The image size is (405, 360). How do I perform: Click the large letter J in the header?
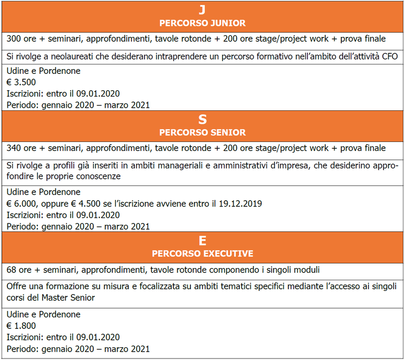[202, 10]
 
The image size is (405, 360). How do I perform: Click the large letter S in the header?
[202, 119]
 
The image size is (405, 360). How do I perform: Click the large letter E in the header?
[202, 241]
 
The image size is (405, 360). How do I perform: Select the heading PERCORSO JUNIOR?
[202, 23]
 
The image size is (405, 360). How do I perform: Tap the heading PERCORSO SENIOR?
[202, 132]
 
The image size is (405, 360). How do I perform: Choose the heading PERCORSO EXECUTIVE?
[202, 254]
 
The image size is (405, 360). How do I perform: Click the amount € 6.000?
[24, 204]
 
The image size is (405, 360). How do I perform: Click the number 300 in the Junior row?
[14, 39]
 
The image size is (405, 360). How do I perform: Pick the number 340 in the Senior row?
[14, 148]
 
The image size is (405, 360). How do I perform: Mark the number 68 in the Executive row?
[12, 270]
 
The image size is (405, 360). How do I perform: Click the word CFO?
[389, 56]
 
